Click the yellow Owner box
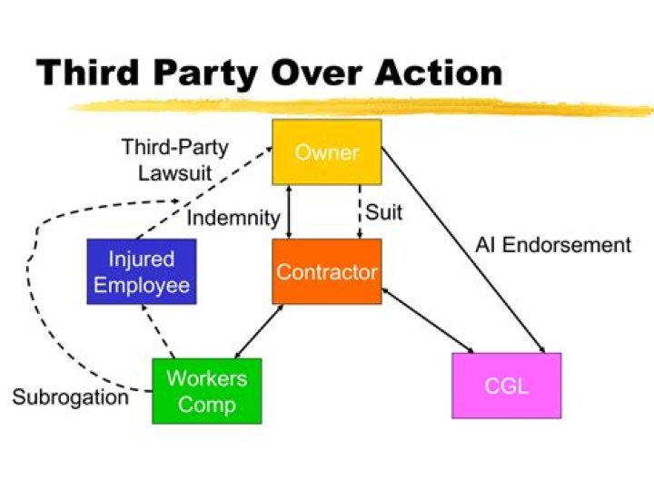(326, 152)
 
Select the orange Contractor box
(326, 271)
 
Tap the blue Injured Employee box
(141, 271)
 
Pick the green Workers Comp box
(206, 391)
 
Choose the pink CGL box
(506, 386)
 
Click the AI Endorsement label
(552, 244)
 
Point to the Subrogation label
(70, 397)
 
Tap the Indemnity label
(233, 218)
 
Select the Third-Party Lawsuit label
(174, 159)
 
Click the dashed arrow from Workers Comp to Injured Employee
(156, 332)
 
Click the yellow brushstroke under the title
(363, 106)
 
